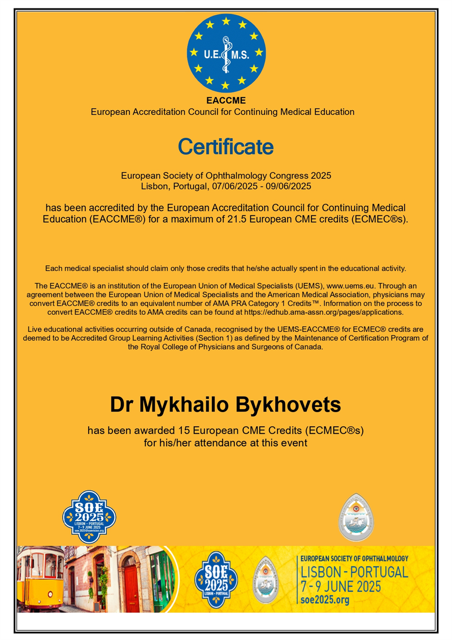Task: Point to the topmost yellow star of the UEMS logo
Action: coord(226,21)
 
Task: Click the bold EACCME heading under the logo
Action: coord(225,101)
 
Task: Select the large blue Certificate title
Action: coord(225,147)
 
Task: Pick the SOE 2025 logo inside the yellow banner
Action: coord(214,578)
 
